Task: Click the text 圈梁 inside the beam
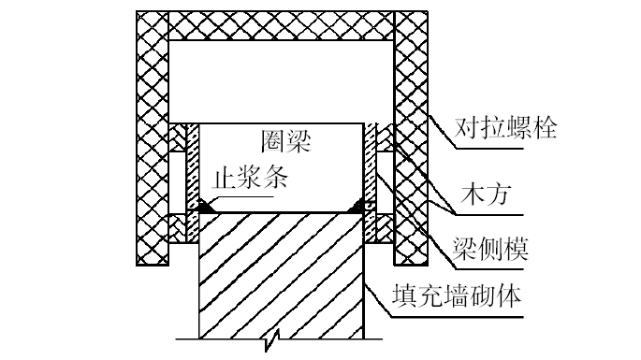tap(284, 142)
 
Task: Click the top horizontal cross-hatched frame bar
tap(281, 25)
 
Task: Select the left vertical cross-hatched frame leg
tap(152, 140)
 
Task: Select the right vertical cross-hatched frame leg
tap(410, 140)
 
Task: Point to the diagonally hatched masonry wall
tap(281, 271)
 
